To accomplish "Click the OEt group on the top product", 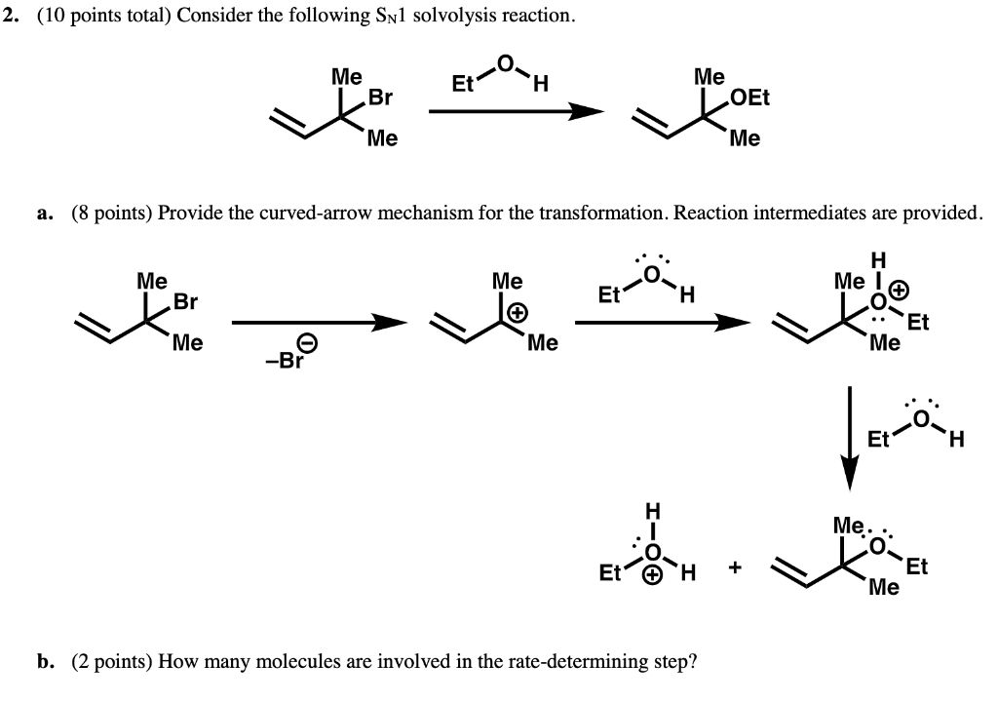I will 748,98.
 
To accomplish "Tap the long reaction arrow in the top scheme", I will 516,111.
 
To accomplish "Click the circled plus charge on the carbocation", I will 519,312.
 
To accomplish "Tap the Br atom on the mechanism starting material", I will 184,302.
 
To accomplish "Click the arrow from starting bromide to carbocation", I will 318,324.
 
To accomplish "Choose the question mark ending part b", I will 691,662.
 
